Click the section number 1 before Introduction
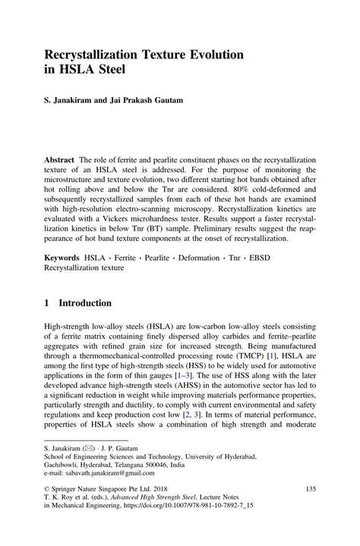(x=47, y=303)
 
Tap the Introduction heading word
(x=86, y=303)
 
